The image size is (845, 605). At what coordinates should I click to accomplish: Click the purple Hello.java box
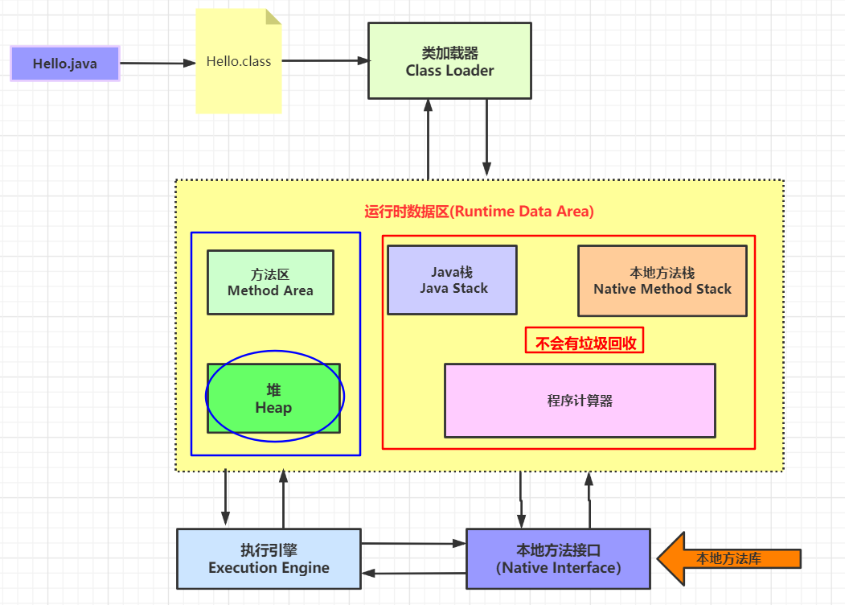65,64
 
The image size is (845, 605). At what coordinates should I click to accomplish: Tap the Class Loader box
449,61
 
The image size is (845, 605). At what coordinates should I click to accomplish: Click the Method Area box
270,282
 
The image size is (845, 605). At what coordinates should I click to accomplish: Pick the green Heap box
273,398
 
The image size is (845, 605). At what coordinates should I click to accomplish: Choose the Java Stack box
453,280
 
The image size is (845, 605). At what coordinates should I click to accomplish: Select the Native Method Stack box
662,281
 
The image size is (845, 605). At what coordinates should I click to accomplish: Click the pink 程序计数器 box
580,401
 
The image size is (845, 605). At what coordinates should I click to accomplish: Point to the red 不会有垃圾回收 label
585,343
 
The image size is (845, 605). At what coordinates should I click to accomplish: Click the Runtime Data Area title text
478,212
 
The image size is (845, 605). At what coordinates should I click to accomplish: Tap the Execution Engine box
269,559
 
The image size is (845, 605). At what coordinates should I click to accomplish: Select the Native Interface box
558,559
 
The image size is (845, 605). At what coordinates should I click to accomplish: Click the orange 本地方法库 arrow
728,558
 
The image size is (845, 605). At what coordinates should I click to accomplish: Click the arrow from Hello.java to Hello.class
158,63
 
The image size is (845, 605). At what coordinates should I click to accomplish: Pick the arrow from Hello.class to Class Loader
325,60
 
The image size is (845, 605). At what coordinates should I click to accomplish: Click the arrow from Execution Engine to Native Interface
413,545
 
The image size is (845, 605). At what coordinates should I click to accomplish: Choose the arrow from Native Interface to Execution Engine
413,573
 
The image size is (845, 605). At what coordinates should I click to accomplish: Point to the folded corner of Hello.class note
273,16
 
